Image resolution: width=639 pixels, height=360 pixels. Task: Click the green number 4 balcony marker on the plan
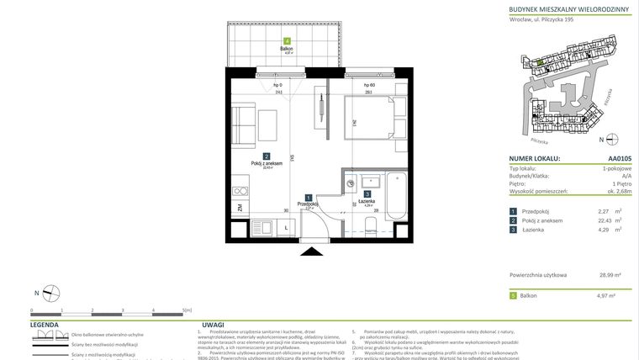[287, 41]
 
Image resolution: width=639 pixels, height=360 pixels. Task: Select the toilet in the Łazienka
[369, 223]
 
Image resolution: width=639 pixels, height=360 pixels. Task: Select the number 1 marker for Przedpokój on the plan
[308, 196]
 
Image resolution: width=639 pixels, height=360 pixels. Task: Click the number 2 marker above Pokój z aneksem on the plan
[266, 156]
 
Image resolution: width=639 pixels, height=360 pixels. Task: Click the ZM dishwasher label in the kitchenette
[240, 208]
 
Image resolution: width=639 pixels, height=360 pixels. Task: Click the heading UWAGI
[213, 324]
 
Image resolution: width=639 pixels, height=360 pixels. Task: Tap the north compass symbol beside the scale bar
[51, 294]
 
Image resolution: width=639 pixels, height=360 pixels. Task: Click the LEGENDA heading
[45, 324]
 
